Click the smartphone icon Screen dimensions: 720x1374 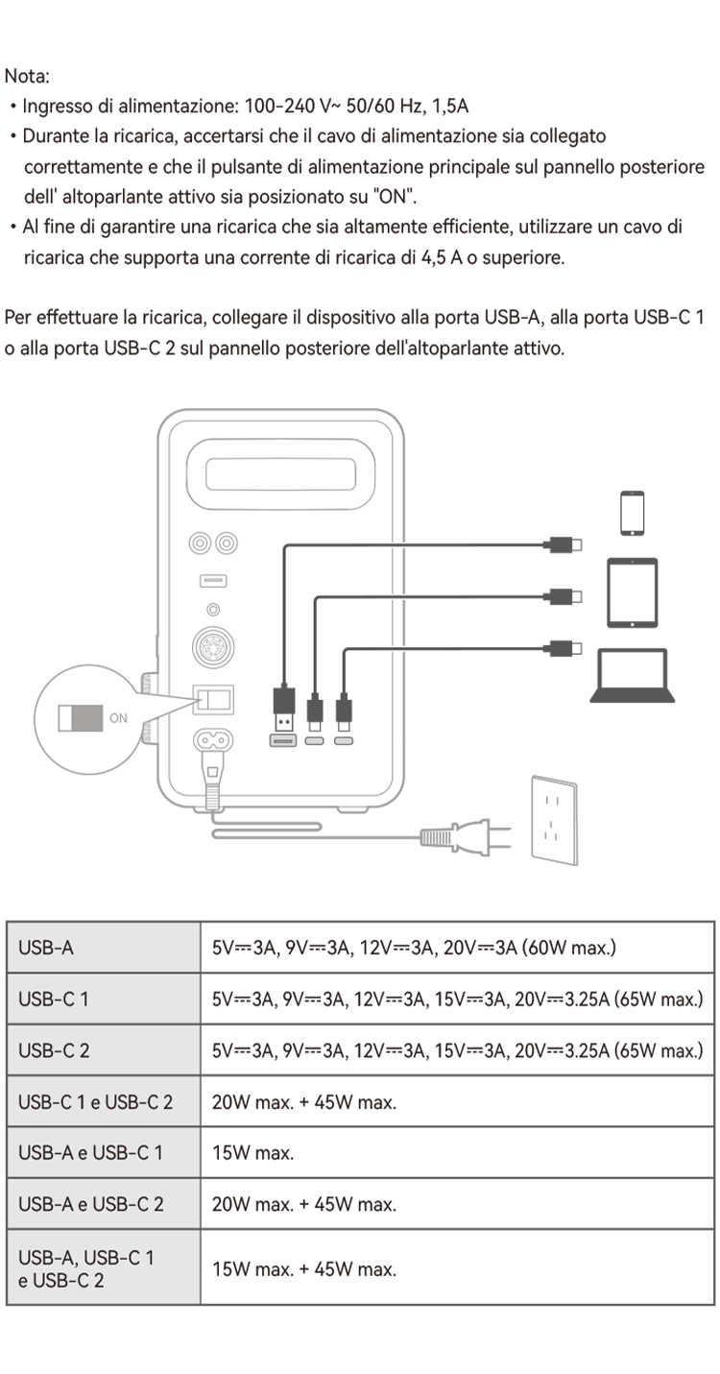[x=632, y=513]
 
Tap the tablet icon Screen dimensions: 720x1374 [x=632, y=592]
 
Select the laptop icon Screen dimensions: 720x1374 [x=633, y=675]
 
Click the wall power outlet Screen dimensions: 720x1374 [x=554, y=820]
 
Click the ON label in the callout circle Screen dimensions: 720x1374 [x=118, y=717]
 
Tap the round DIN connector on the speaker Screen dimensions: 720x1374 [x=213, y=647]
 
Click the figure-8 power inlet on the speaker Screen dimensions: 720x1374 [x=213, y=739]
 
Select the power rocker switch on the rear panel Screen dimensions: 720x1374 [x=213, y=699]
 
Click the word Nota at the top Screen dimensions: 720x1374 [x=27, y=76]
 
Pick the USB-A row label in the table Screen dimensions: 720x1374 [x=46, y=948]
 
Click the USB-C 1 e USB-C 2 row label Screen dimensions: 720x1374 [x=96, y=1101]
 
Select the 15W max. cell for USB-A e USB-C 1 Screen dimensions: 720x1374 [x=252, y=1152]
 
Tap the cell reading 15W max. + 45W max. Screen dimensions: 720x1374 [x=304, y=1268]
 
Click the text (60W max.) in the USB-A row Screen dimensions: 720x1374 [x=569, y=948]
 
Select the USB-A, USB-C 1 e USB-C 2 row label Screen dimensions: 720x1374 [x=86, y=1268]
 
